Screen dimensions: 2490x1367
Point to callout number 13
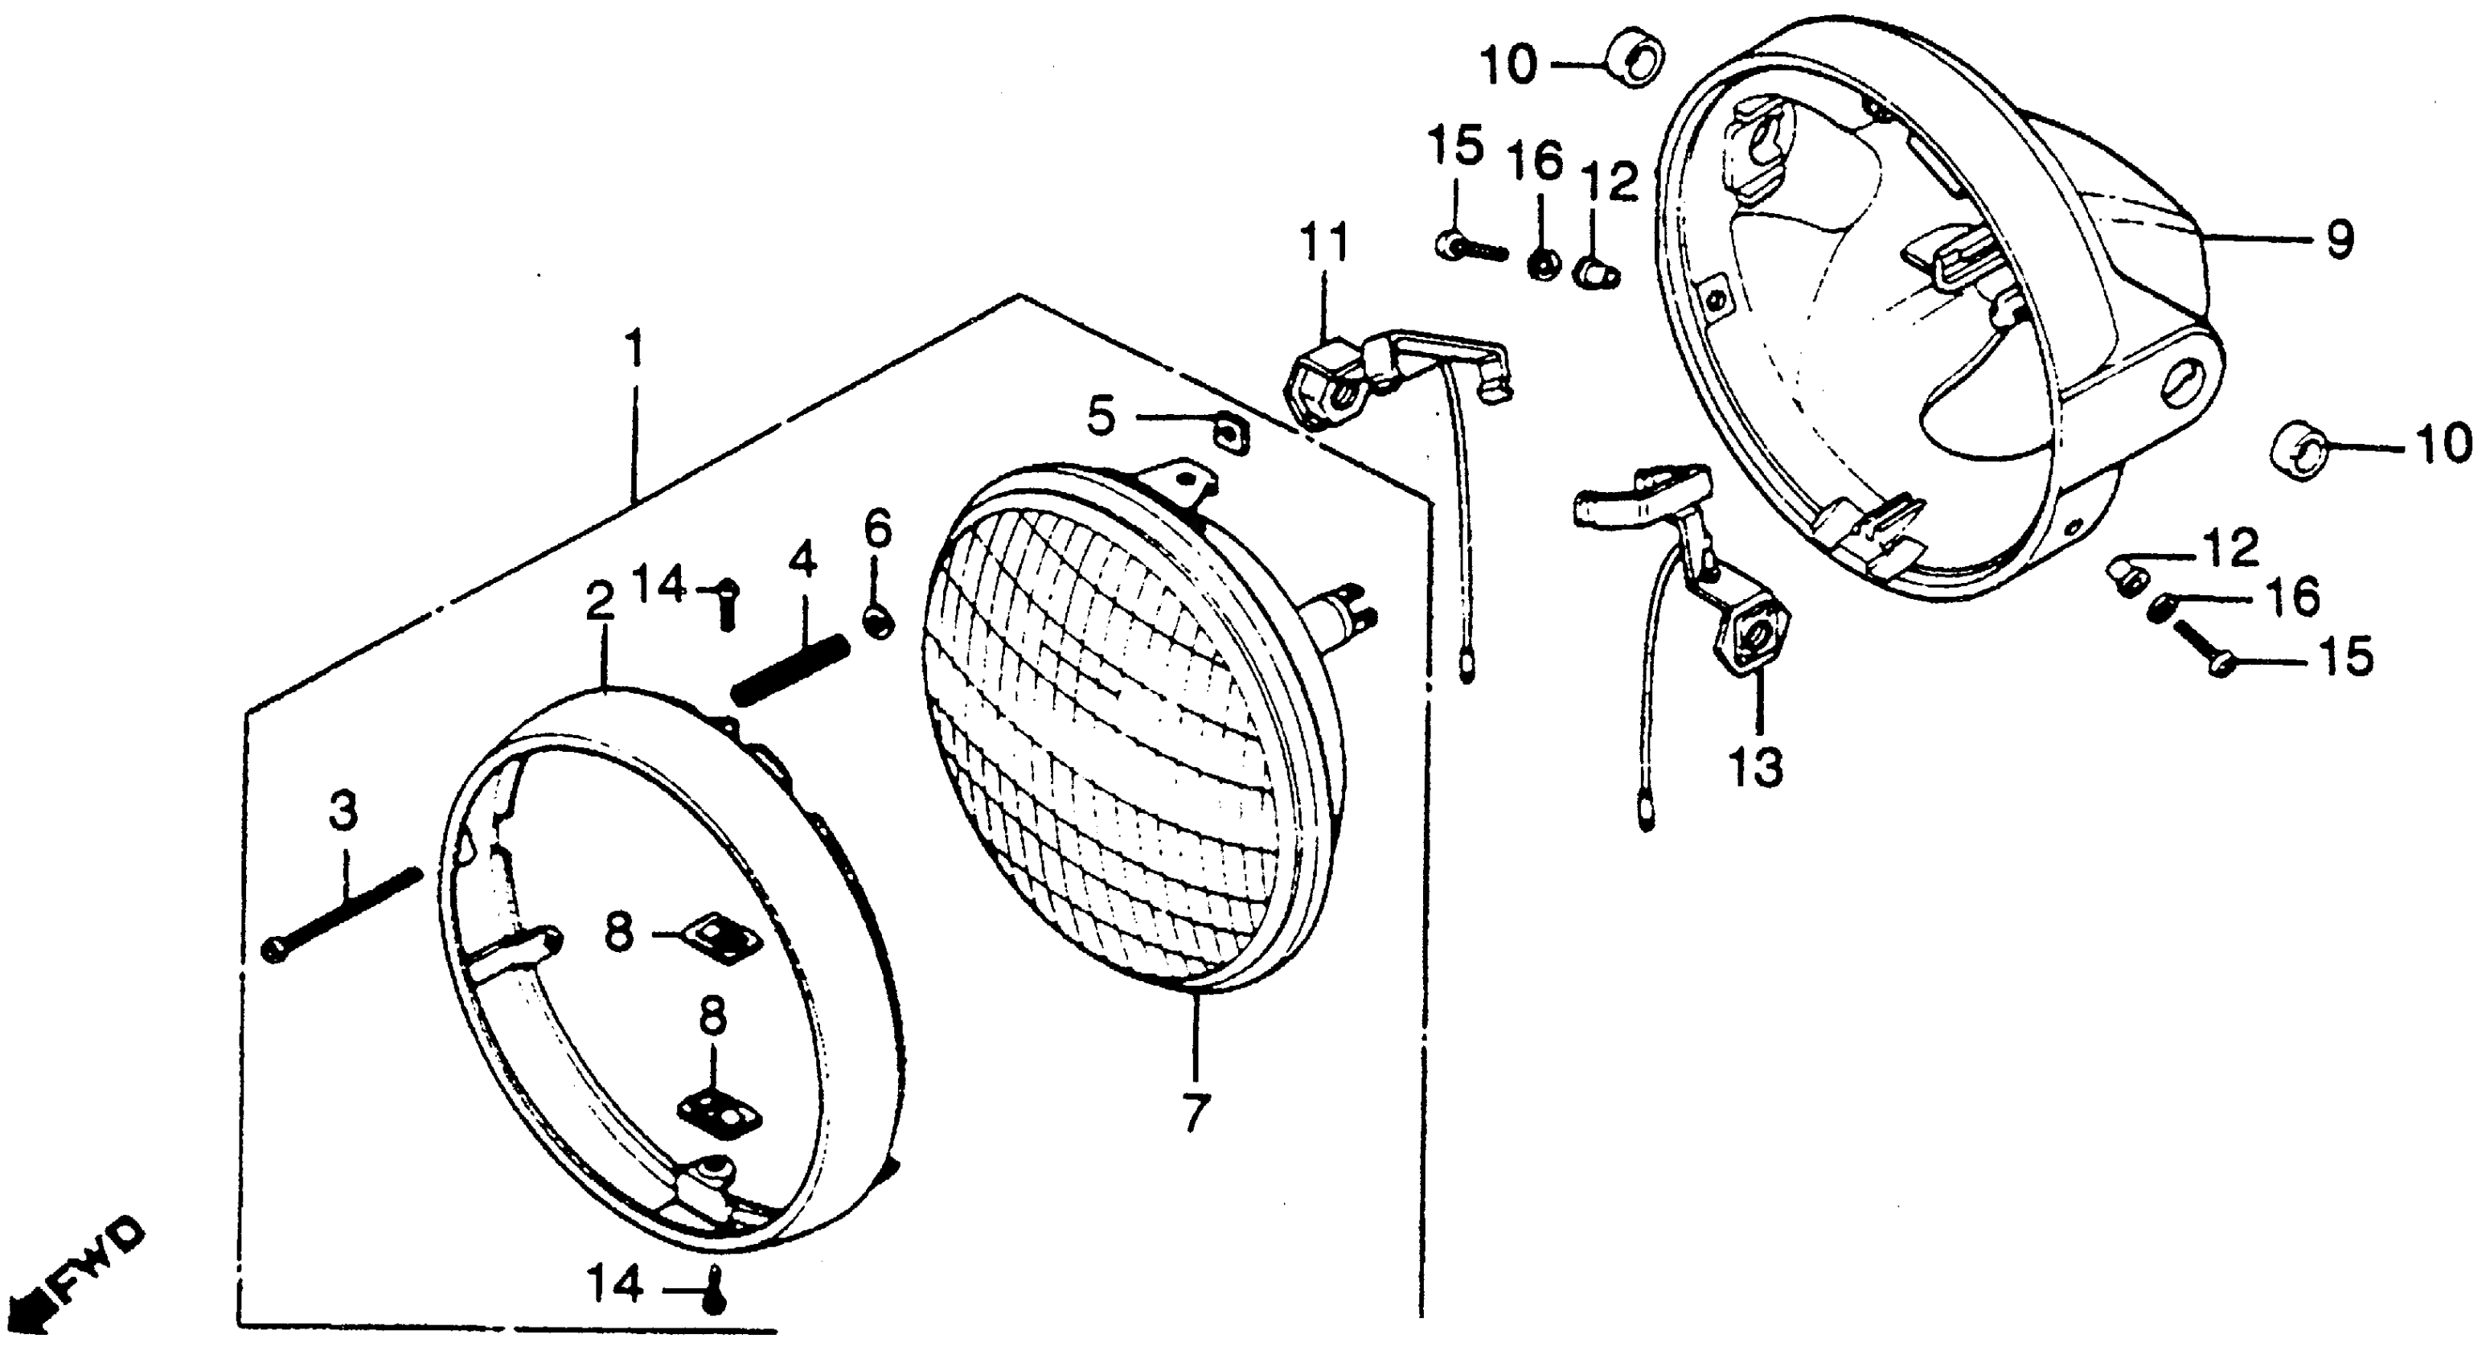click(1756, 770)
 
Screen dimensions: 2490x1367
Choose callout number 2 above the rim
click(599, 603)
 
